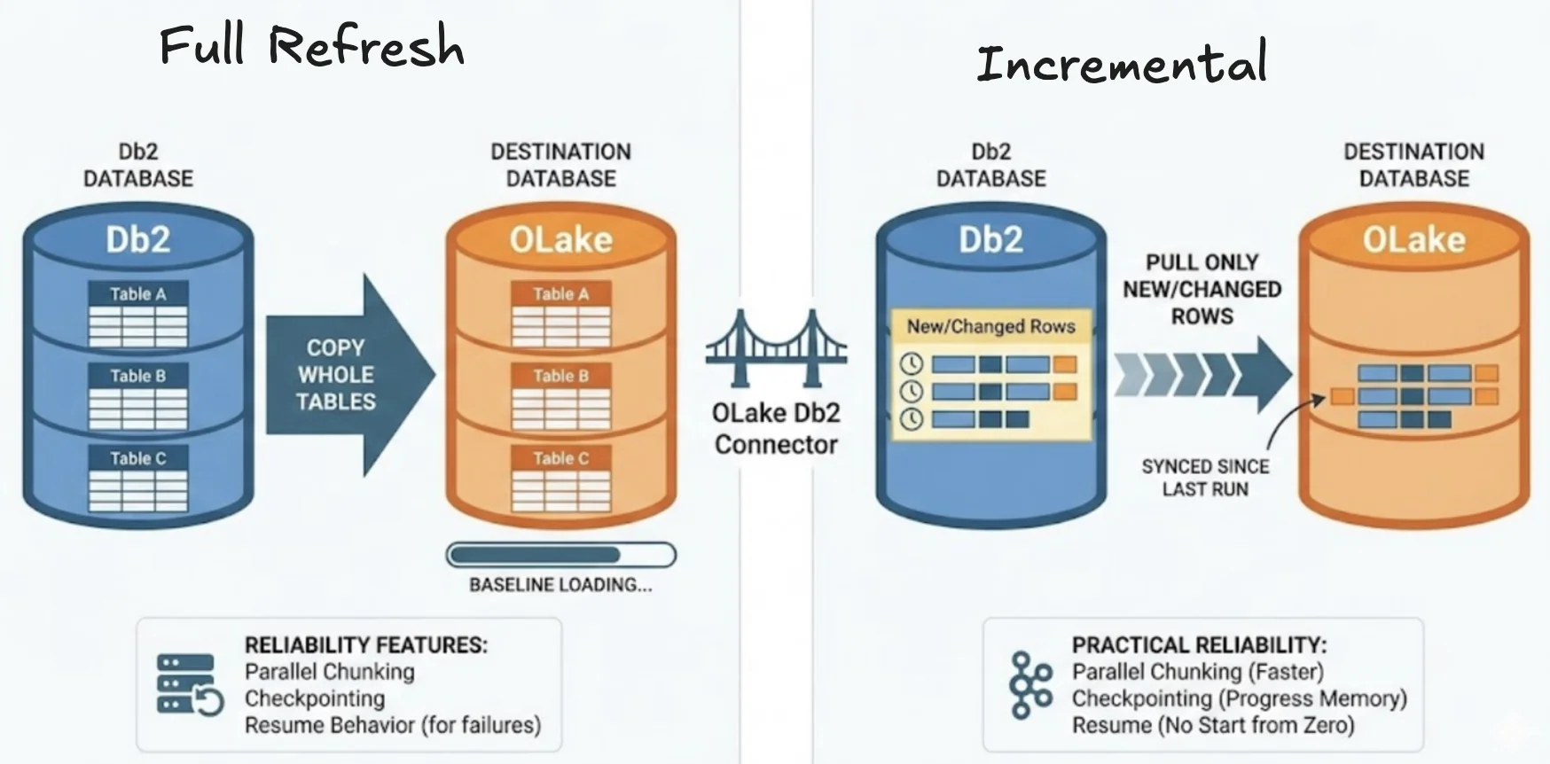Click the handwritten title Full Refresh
pyautogui.click(x=311, y=46)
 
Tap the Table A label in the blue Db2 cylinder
pyautogui.click(x=137, y=293)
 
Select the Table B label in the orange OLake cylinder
pyautogui.click(x=560, y=376)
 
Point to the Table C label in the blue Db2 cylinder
pyautogui.click(x=137, y=458)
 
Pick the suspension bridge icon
pyautogui.click(x=776, y=349)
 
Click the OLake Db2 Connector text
pyautogui.click(x=776, y=429)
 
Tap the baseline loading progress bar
pyautogui.click(x=560, y=556)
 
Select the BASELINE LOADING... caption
pyautogui.click(x=560, y=585)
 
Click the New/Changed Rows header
pyautogui.click(x=990, y=326)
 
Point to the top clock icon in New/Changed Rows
pyautogui.click(x=911, y=363)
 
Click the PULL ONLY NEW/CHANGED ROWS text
pyautogui.click(x=1202, y=289)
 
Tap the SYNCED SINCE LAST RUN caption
pyautogui.click(x=1205, y=478)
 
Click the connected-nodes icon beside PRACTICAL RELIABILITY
pyautogui.click(x=1030, y=684)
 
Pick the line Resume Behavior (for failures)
pyautogui.click(x=392, y=725)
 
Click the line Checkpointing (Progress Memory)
pyautogui.click(x=1239, y=698)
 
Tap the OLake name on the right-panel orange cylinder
pyautogui.click(x=1413, y=239)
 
